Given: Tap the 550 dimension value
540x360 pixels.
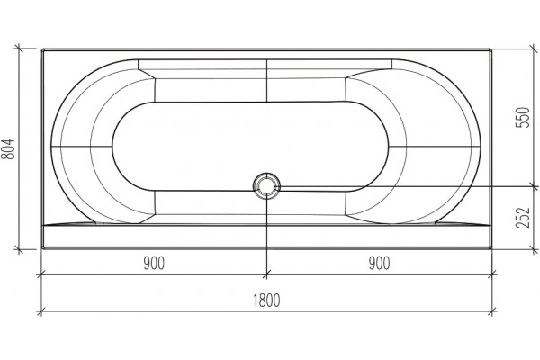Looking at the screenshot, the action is point(522,118).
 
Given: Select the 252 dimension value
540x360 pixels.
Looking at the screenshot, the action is point(522,218).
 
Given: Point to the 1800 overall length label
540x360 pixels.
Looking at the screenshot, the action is point(267,301).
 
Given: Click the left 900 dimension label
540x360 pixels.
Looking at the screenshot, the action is point(154,264).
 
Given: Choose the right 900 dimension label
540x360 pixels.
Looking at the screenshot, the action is point(380,264).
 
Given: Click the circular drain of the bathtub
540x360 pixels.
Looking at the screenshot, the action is point(266,186).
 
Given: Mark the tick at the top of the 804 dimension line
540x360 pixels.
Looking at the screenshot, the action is point(19,49).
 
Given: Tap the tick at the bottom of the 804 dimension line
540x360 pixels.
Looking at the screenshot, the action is point(19,249).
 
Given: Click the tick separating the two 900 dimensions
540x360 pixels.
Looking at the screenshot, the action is point(266,274).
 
